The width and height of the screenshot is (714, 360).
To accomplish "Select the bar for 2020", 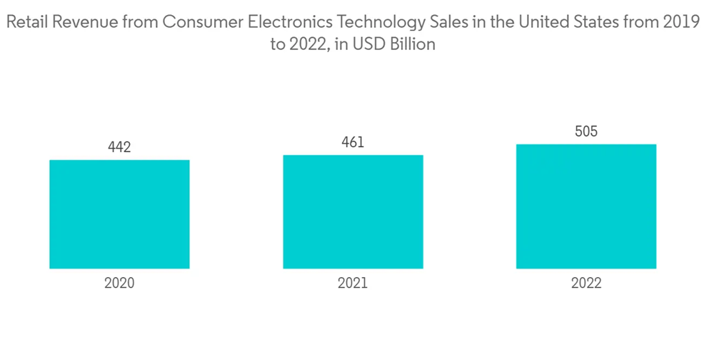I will (119, 214).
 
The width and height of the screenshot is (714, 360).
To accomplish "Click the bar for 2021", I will (353, 211).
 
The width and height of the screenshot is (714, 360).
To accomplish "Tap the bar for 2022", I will (586, 206).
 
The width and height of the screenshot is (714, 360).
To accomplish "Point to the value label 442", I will (119, 147).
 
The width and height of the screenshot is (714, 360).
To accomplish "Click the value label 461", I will (353, 142).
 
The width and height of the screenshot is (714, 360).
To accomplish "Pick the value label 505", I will (586, 131).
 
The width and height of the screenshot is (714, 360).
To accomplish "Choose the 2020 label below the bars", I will (119, 283).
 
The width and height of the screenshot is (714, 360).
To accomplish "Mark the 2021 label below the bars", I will (353, 283).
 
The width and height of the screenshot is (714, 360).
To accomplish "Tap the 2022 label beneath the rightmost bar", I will (586, 283).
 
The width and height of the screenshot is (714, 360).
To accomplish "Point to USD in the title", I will (369, 44).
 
